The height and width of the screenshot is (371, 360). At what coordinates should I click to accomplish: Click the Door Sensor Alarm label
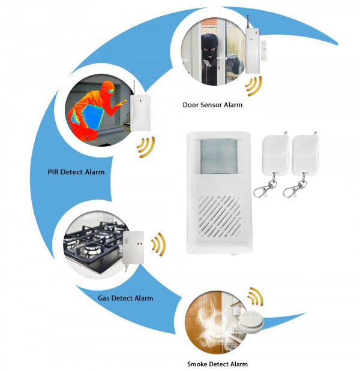tap(212, 105)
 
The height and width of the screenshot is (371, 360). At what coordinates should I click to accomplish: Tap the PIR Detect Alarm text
tap(76, 172)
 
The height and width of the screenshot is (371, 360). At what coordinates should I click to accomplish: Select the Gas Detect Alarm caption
tap(125, 298)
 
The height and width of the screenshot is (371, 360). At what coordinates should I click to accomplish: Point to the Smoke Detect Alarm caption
tap(217, 364)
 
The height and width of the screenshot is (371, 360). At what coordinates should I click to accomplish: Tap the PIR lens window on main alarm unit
tap(218, 156)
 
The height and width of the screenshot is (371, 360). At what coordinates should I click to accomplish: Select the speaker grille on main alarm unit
tap(220, 217)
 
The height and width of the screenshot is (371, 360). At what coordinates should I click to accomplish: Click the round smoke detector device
tap(250, 321)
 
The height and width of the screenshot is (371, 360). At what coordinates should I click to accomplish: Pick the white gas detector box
tap(133, 248)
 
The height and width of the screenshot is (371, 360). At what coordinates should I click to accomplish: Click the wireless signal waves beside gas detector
tap(159, 245)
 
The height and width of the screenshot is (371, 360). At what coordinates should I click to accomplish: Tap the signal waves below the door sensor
tap(254, 86)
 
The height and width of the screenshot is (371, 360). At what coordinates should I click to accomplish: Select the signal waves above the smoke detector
tap(256, 297)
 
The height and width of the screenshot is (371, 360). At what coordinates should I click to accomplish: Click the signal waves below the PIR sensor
tap(146, 147)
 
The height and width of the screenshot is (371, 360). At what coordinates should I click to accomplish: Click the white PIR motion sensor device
tap(140, 113)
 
